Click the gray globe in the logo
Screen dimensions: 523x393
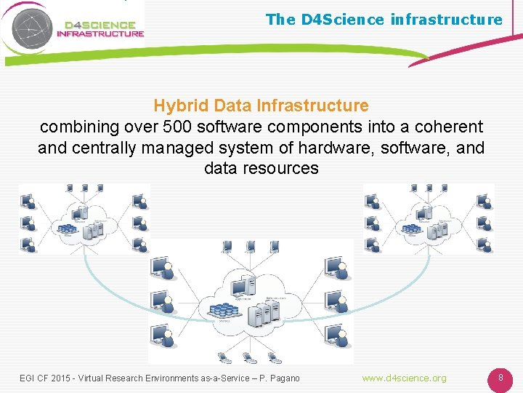pyautogui.click(x=30, y=26)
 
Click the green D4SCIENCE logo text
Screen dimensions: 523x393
pyautogui.click(x=100, y=23)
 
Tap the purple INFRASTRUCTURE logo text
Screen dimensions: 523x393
pyautogui.click(x=100, y=33)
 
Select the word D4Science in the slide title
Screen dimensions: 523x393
pyautogui.click(x=338, y=20)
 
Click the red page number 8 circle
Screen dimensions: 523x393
pyautogui.click(x=500, y=378)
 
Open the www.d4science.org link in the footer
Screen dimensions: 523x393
pyautogui.click(x=405, y=378)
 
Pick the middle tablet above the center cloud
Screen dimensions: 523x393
pyautogui.click(x=249, y=247)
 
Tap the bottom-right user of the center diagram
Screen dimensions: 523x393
pyautogui.click(x=335, y=336)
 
